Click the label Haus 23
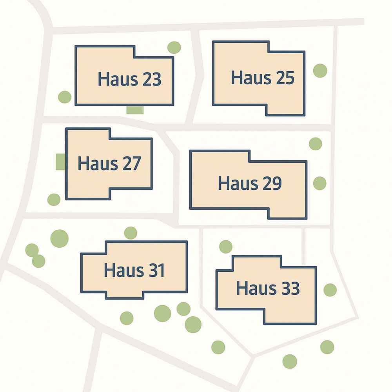point(129,79)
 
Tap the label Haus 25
point(262,78)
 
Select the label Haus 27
point(109,163)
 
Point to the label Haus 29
point(250,183)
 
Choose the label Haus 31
point(134,270)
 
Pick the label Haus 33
point(268,289)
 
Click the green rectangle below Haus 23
point(135,110)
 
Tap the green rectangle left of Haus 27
point(60,162)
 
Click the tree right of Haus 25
point(320,71)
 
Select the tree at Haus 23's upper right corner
point(174,47)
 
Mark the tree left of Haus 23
point(65,97)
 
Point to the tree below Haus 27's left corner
point(54,200)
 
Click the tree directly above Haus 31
point(131,233)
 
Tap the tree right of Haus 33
point(330,290)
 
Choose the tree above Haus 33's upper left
point(225,247)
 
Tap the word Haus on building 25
point(244,78)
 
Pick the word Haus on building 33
point(249,289)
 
